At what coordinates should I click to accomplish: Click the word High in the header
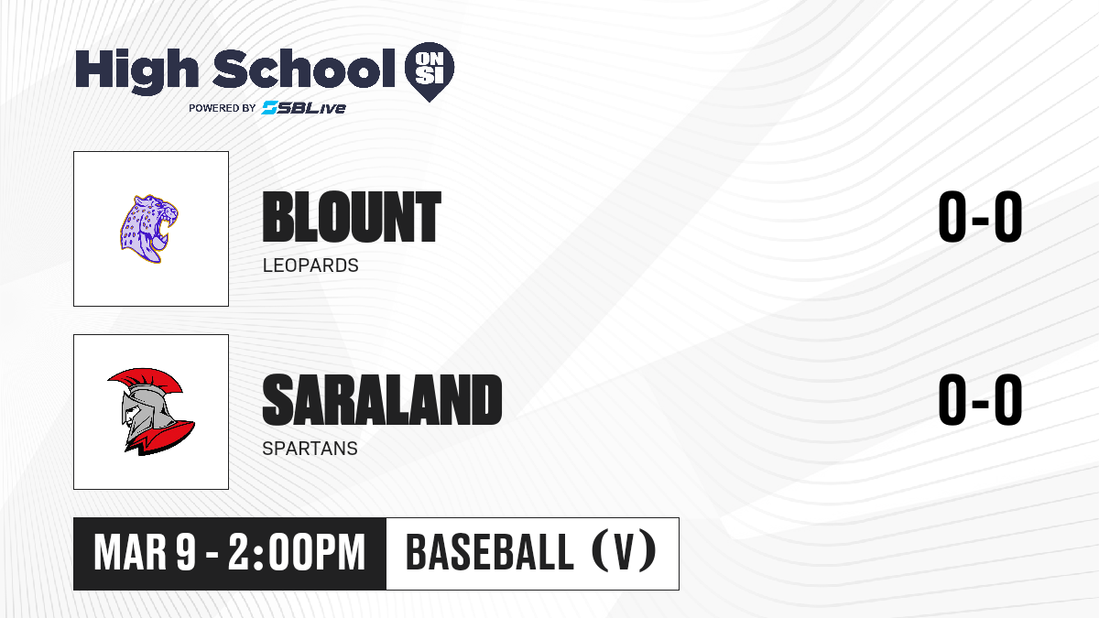point(137,71)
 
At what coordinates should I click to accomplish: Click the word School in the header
point(304,68)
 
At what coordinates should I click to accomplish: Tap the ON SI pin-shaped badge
point(430,71)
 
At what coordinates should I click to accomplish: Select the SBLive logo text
point(304,108)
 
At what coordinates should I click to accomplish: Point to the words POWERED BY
point(223,108)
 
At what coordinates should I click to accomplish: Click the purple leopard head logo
point(149,229)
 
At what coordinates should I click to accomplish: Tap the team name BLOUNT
point(352,217)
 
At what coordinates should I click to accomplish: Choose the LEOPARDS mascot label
point(310,266)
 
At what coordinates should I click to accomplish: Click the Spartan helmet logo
point(151,411)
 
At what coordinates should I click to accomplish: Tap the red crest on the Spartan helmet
point(147,381)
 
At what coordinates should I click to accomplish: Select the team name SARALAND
point(382,400)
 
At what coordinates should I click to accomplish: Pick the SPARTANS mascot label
point(310,449)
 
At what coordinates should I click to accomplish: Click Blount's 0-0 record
point(980,217)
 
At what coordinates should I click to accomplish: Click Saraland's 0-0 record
point(980,400)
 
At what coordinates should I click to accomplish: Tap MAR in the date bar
point(130,553)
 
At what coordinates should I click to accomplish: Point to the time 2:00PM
point(297,553)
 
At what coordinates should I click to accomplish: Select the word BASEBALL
point(490,552)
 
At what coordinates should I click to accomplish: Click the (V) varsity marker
point(624,551)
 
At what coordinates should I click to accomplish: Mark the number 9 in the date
point(187,553)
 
